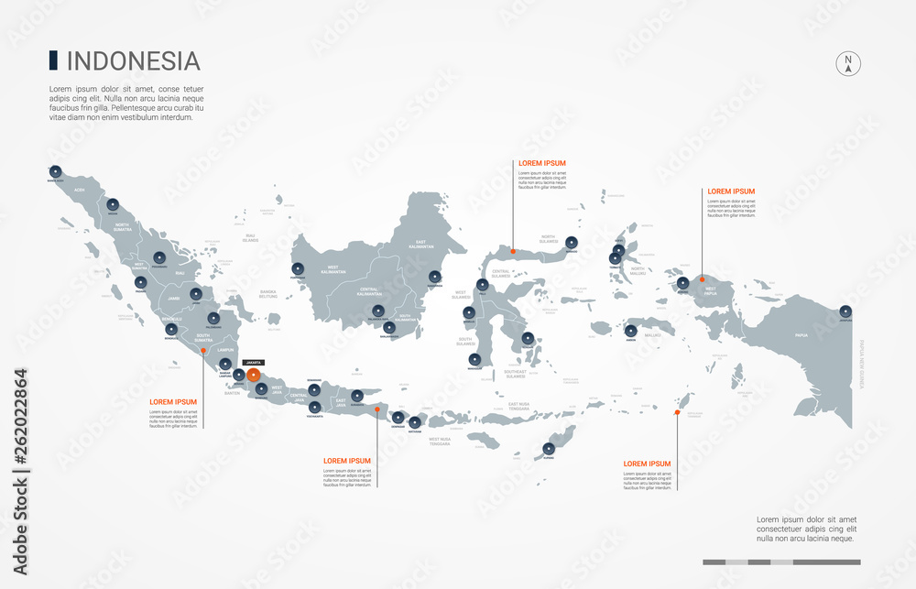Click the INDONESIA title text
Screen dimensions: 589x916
pyautogui.click(x=134, y=61)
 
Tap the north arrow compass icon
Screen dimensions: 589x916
pyautogui.click(x=848, y=63)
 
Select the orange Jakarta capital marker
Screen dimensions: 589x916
pyautogui.click(x=253, y=375)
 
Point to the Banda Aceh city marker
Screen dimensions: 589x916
pyautogui.click(x=55, y=170)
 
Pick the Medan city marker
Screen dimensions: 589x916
pyautogui.click(x=113, y=204)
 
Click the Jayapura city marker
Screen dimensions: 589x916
pyautogui.click(x=845, y=311)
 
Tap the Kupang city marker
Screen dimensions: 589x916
pyautogui.click(x=548, y=448)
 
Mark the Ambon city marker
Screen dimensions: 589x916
pyautogui.click(x=631, y=331)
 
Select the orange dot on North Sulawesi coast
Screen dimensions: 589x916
pyautogui.click(x=513, y=251)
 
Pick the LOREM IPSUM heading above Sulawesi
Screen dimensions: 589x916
pyautogui.click(x=542, y=163)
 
